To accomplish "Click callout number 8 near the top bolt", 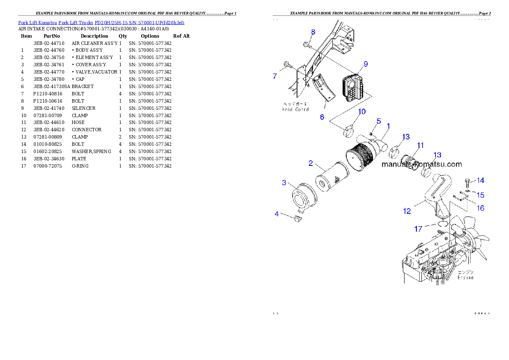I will coord(313,32).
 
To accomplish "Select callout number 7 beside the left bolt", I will coord(275,76).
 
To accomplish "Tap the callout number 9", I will coord(365,64).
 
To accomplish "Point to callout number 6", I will coord(322,116).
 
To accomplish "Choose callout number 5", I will coord(379,121).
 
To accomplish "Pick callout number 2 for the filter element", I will coord(311,163).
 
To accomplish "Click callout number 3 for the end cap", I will coord(284,183).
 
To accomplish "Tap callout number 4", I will coord(277,213).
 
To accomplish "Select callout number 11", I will coord(420,145).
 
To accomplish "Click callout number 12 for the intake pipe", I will coord(407,211).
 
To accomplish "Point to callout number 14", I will coord(480,180).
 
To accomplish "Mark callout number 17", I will coord(418,229).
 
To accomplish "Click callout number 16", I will coord(481,208).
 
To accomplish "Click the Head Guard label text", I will coord(295,106).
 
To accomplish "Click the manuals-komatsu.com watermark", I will coord(421,165).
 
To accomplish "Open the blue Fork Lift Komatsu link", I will coord(38,22).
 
